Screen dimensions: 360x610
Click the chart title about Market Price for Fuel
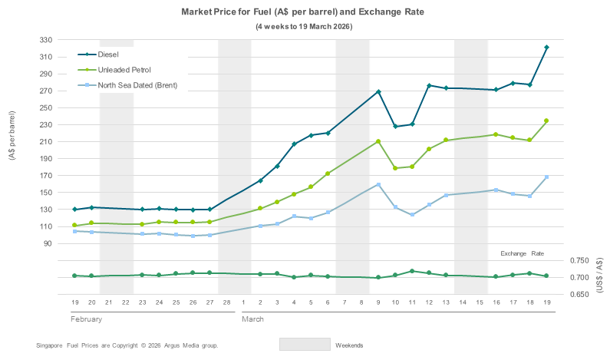point(305,13)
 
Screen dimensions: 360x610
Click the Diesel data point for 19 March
point(546,48)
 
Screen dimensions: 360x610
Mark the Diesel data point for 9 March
point(378,92)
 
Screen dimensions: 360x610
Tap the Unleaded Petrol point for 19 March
point(546,121)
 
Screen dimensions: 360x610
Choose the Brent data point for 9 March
point(378,184)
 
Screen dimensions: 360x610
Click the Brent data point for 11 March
point(412,214)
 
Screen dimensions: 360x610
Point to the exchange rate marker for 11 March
point(412,271)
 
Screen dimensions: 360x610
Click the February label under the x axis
point(86,318)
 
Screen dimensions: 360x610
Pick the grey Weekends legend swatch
point(305,345)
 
